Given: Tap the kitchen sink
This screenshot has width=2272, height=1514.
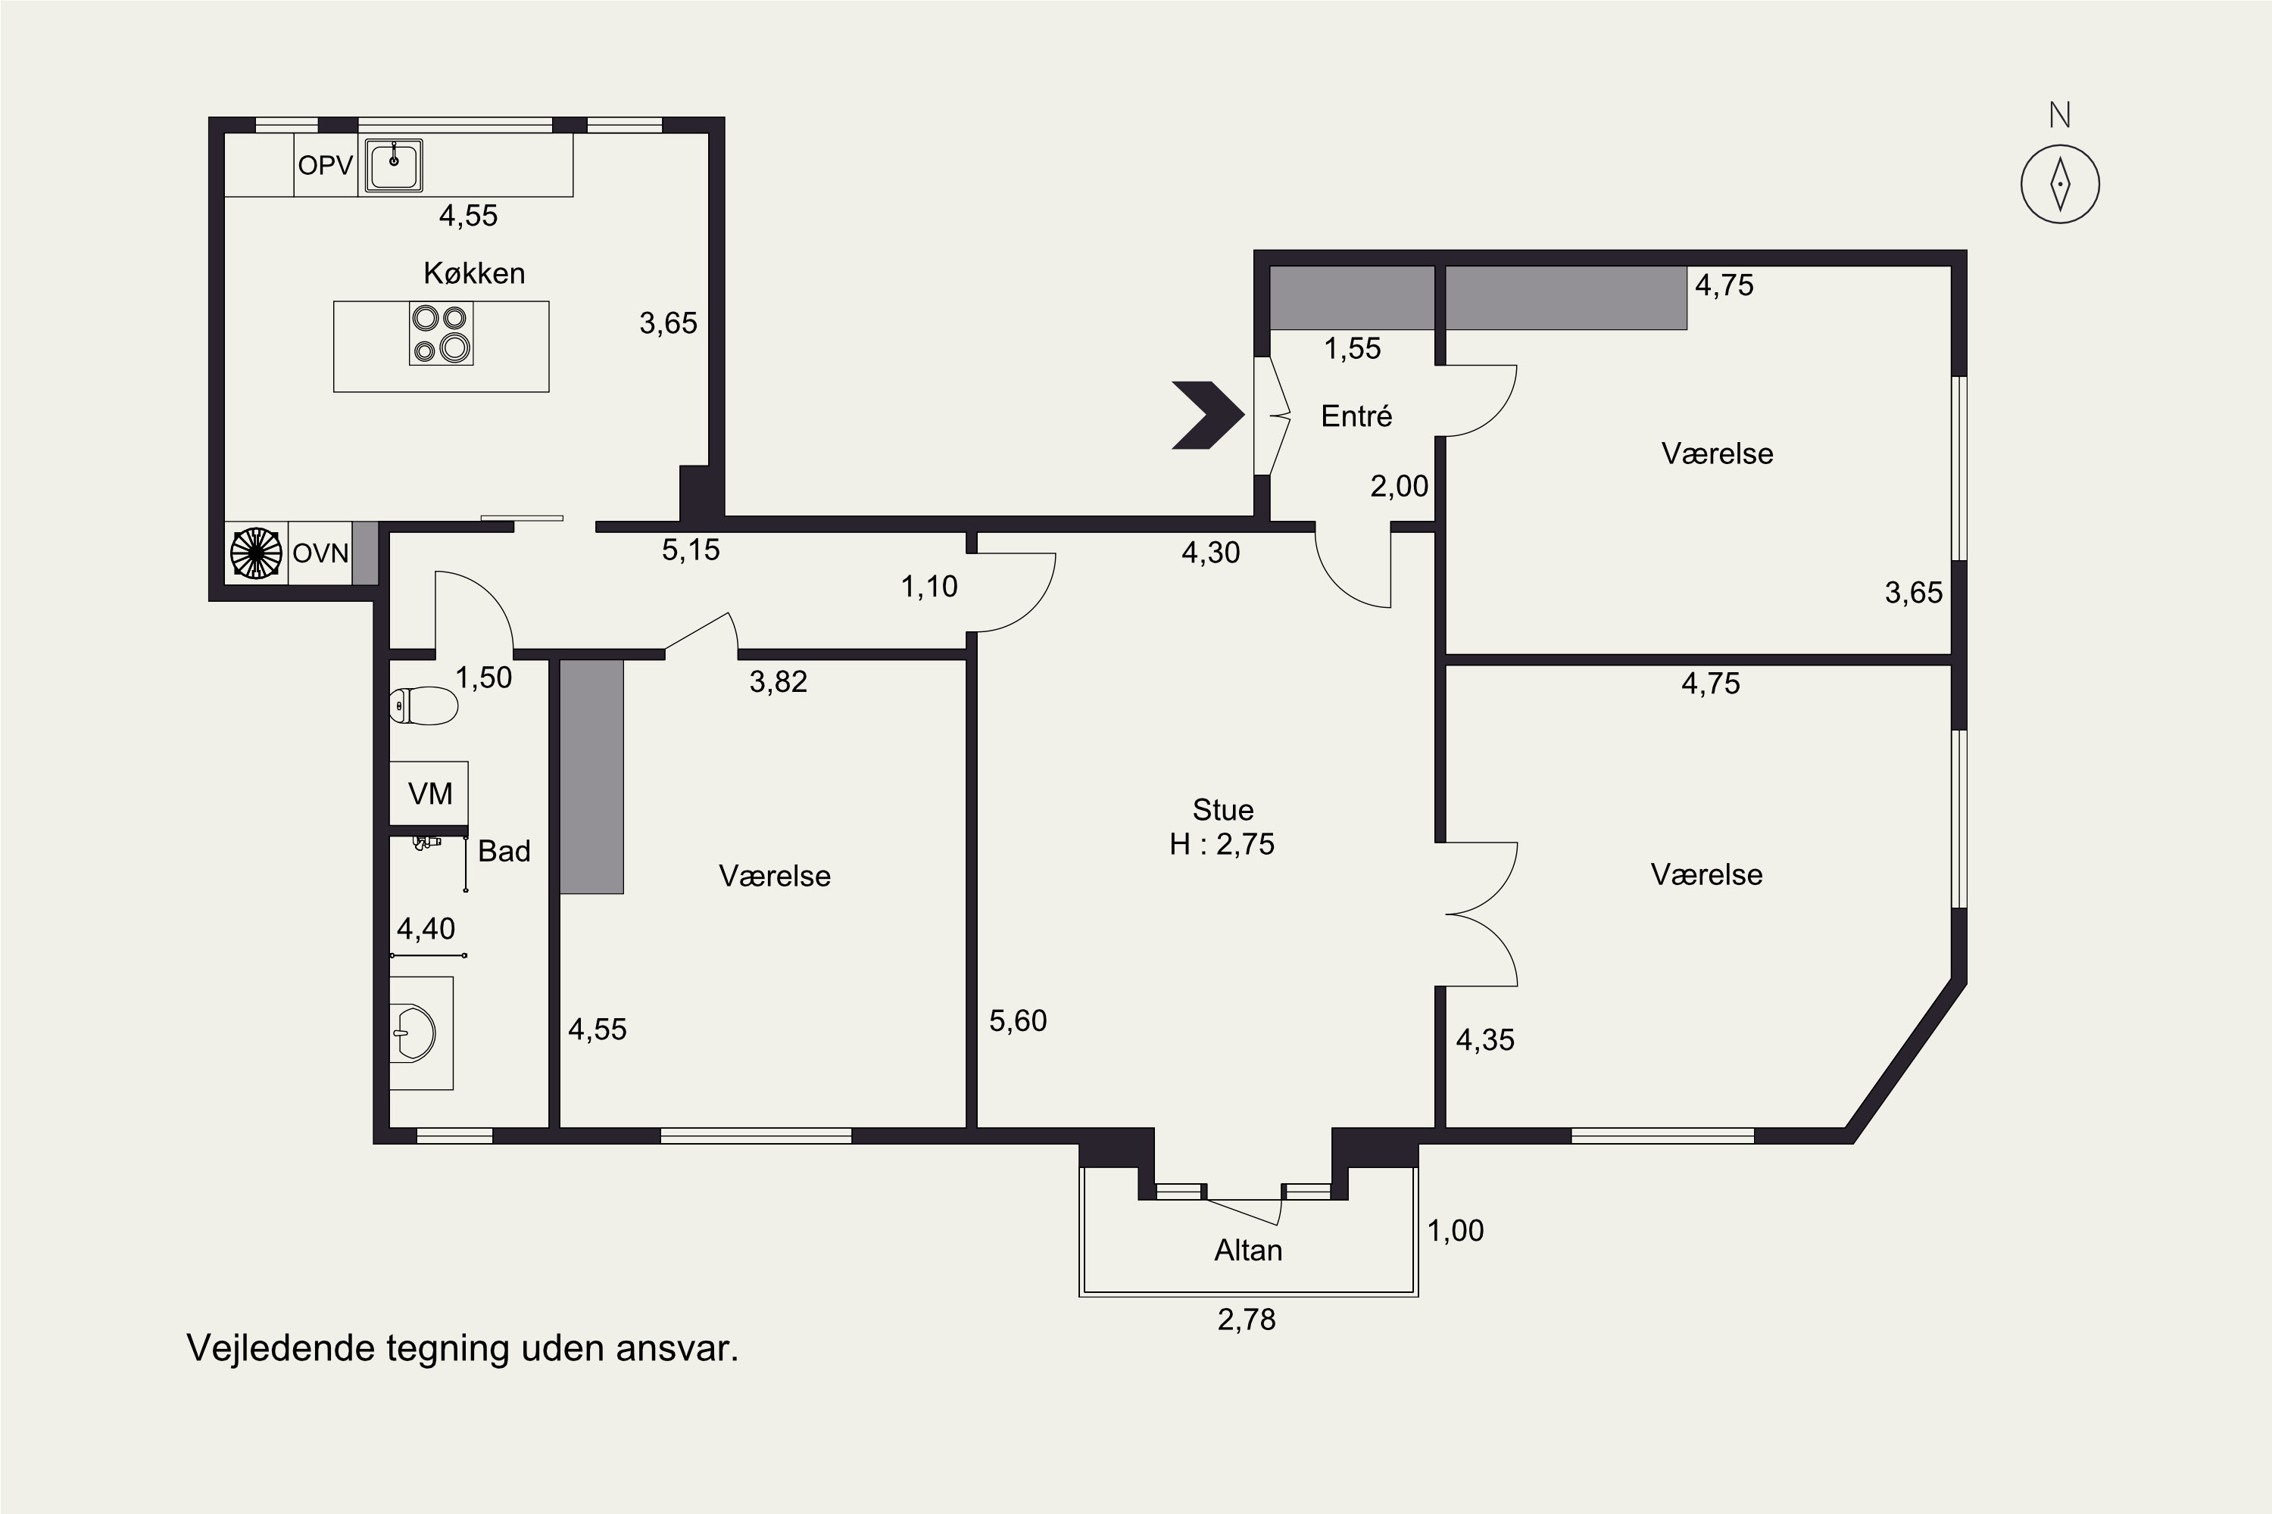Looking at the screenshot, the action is coord(393,165).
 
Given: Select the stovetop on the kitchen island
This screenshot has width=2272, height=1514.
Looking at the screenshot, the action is coord(442,333).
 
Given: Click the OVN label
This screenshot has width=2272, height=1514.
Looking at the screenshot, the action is coord(320,553).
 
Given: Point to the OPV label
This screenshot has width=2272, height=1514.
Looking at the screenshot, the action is coord(326,165).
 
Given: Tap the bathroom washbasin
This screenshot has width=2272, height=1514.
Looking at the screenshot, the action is coord(415,1033).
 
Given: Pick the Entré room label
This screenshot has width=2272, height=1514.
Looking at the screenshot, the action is coord(1356,416).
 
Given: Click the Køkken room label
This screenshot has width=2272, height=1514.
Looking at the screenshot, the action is coord(474,273).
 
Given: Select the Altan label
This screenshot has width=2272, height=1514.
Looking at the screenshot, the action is coord(1248,1251).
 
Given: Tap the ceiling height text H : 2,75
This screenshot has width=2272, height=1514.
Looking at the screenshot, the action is coord(1222,844).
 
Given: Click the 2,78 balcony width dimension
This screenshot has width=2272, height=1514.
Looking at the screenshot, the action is coord(1246,1319).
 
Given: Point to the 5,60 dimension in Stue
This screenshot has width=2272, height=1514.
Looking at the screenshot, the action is coord(1018,1020).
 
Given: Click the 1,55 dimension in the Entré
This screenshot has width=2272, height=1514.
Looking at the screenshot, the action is coord(1353,348).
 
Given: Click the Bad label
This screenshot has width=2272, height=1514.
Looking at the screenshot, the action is coord(504,851).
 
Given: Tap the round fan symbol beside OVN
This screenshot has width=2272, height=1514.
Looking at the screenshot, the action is coord(256,553).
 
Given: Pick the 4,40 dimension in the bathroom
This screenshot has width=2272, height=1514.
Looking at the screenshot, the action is coord(426,929).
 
